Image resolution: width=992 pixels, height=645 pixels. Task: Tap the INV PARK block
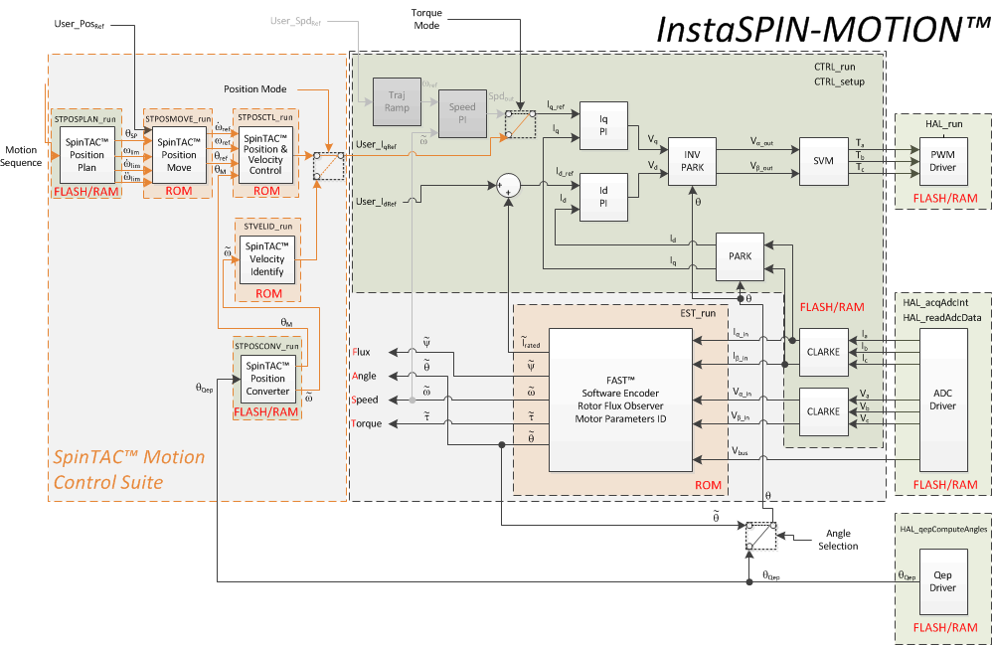click(x=693, y=161)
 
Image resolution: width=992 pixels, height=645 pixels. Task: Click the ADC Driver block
click(x=942, y=399)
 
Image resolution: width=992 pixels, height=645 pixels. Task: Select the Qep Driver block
click(x=942, y=580)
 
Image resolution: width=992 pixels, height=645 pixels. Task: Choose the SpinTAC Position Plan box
click(x=87, y=152)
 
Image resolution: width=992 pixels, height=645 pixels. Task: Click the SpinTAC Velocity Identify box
click(x=265, y=258)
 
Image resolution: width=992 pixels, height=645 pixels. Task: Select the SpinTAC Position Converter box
click(x=267, y=378)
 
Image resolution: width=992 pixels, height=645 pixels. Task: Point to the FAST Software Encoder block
click(x=619, y=399)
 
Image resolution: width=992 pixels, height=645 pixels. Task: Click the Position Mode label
click(x=254, y=89)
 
